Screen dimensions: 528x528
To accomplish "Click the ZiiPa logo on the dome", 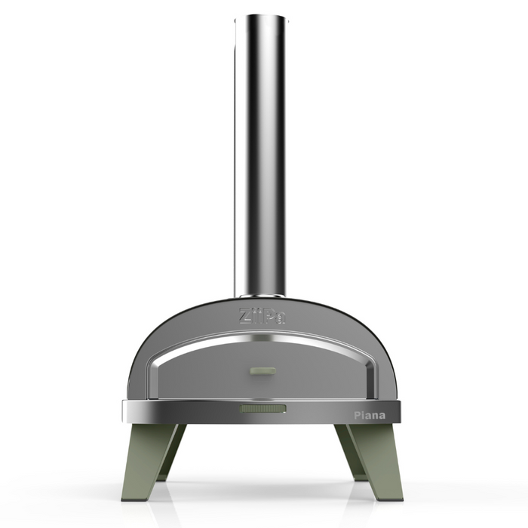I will point(262,315).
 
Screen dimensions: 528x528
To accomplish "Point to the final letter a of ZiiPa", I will point(280,317).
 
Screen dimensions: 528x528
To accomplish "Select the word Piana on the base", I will point(370,416).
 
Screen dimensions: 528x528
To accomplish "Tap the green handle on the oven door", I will point(263,370).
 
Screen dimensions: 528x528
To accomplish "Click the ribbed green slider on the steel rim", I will point(263,409).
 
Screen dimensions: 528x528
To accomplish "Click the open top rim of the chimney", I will point(260,17).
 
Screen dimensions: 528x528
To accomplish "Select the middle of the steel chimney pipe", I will point(260,151).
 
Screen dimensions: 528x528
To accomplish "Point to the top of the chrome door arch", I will point(262,337).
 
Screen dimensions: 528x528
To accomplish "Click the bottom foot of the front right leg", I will point(391,494).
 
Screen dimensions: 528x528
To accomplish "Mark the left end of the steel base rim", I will point(125,411).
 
